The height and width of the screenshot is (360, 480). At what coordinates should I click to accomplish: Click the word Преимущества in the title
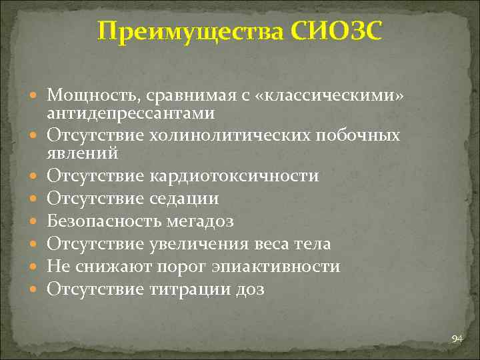pos(190,31)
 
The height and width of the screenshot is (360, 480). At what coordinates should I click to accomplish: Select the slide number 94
pos(457,339)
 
